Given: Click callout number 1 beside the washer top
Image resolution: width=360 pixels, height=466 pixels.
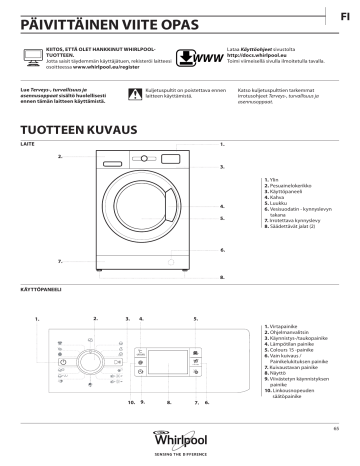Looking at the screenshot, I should coord(221,146).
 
